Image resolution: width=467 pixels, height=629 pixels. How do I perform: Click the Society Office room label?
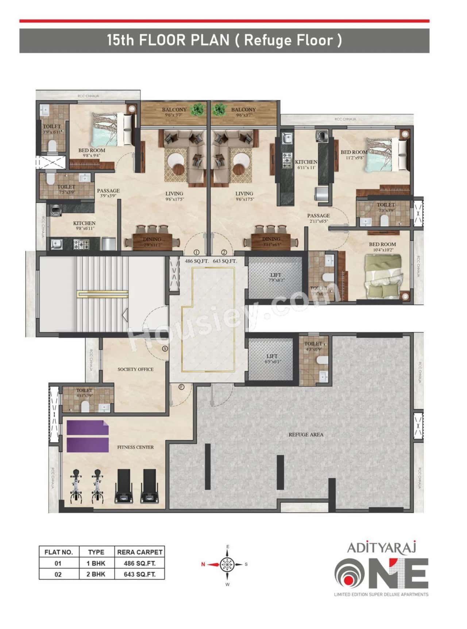(x=135, y=369)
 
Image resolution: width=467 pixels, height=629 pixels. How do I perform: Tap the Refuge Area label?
(x=306, y=434)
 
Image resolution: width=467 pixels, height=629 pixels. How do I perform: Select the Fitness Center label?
(x=135, y=447)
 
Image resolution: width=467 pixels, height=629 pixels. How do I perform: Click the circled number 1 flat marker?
(x=196, y=252)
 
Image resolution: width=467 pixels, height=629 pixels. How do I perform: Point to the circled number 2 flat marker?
(x=224, y=252)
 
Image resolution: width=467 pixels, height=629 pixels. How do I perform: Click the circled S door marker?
(x=165, y=349)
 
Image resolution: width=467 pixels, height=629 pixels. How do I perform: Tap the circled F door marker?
(x=181, y=387)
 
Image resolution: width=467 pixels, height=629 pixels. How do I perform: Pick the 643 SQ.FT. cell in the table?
(x=140, y=574)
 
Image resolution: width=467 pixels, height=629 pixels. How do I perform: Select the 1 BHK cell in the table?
(x=96, y=563)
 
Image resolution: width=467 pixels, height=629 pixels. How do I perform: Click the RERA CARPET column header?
(x=140, y=552)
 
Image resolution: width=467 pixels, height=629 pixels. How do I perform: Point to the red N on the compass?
(x=203, y=564)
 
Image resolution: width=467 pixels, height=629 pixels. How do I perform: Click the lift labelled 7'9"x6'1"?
(x=275, y=277)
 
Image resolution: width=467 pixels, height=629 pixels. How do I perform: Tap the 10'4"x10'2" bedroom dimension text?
(x=382, y=250)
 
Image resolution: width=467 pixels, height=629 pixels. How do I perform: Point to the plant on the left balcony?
(x=198, y=109)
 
